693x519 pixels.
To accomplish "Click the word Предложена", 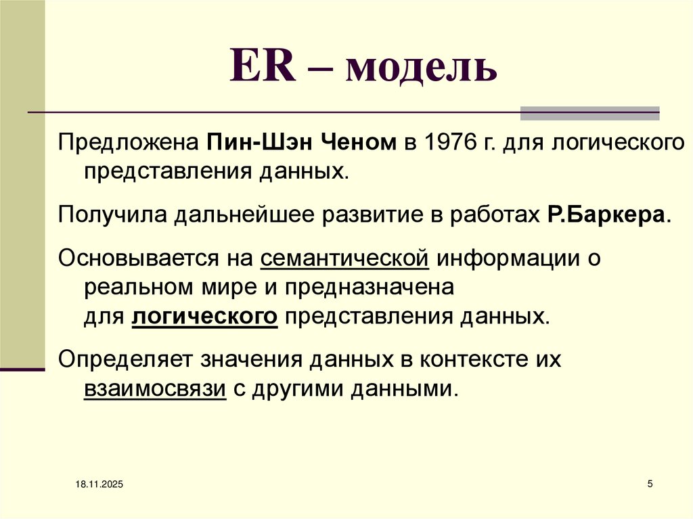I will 127,143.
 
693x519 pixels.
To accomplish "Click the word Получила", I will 113,215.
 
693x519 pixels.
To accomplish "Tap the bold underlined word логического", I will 205,316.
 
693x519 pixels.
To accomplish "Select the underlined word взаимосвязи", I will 155,389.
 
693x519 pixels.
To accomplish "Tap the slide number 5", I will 650,484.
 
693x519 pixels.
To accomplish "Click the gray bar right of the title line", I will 589,113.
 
